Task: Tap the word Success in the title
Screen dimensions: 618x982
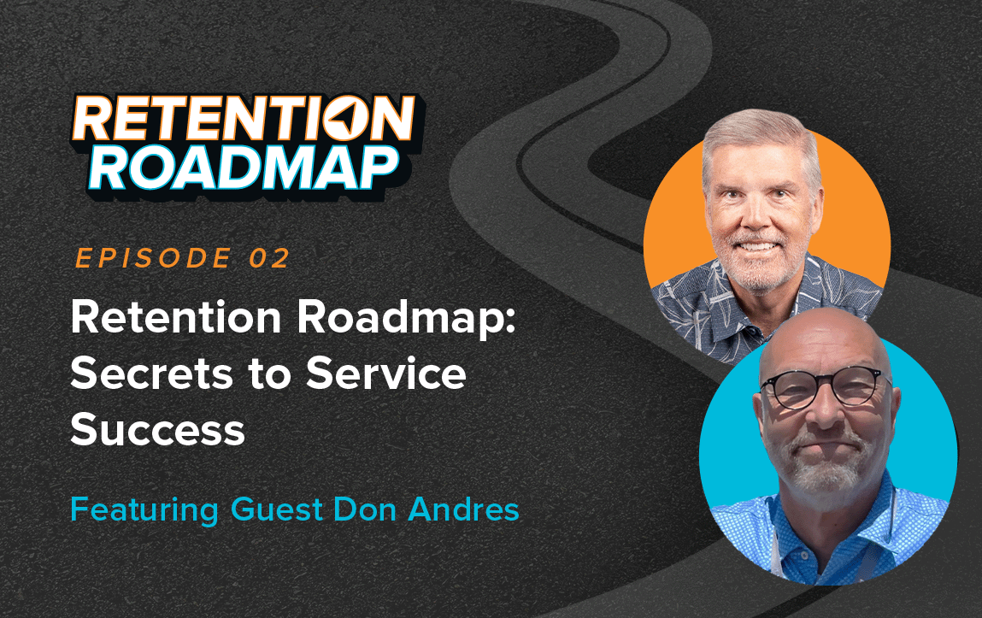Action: pyautogui.click(x=158, y=430)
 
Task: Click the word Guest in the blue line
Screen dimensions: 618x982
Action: pyautogui.click(x=273, y=510)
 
